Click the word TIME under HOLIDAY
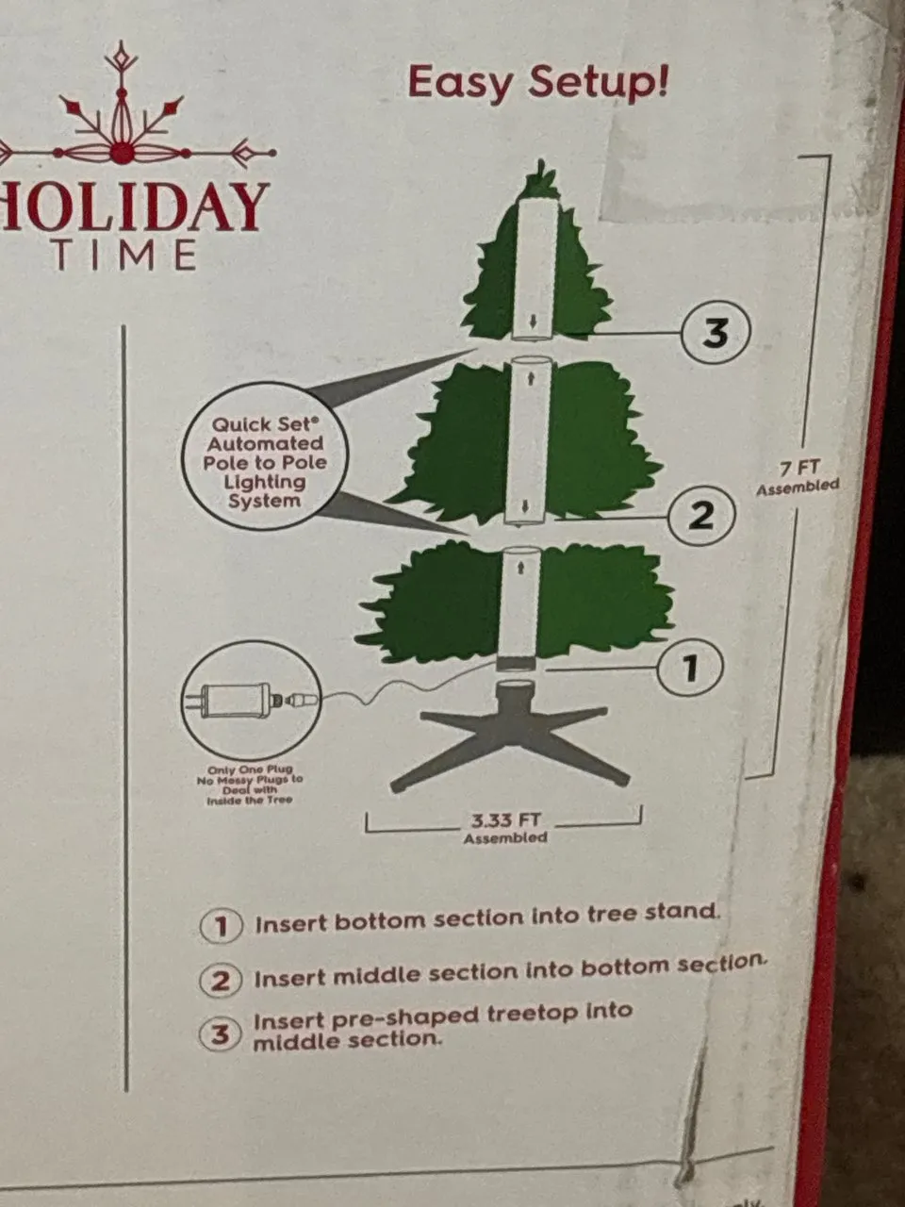click(125, 256)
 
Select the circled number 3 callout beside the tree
click(715, 333)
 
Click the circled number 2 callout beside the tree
click(701, 516)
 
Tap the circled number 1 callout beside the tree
click(690, 668)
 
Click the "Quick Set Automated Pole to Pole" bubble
click(266, 462)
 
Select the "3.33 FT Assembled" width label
click(505, 828)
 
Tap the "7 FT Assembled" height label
click(798, 478)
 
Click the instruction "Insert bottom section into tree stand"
click(487, 918)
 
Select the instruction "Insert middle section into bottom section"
click(509, 974)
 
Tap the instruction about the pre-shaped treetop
click(442, 1026)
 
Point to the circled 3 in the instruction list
click(220, 1034)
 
